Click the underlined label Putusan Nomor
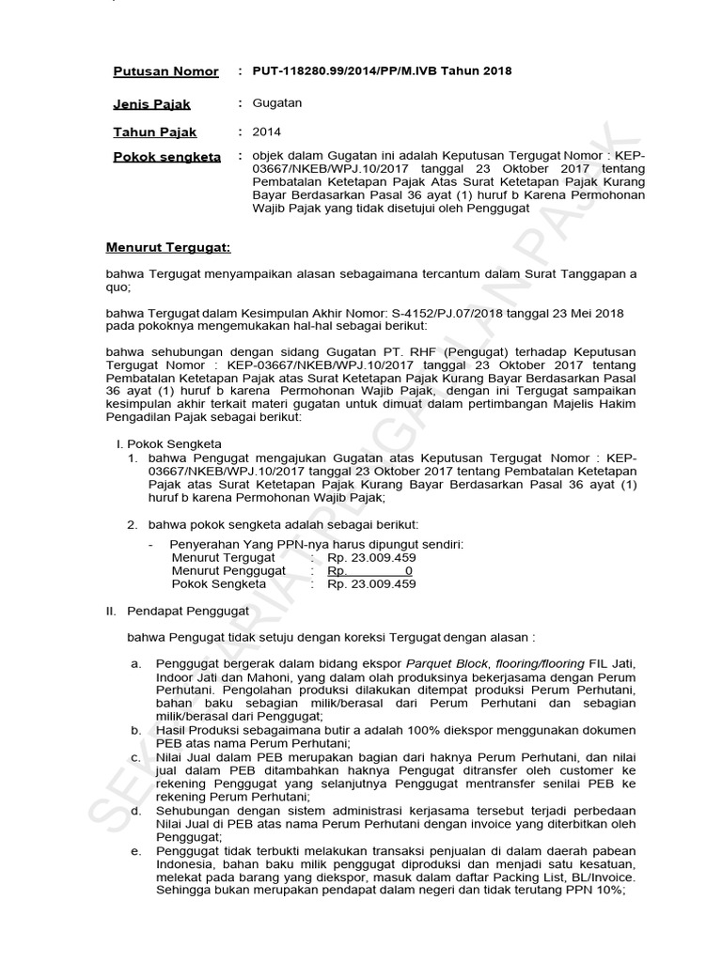click(x=165, y=71)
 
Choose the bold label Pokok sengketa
click(x=166, y=157)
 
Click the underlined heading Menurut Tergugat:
click(x=167, y=248)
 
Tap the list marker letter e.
click(x=135, y=851)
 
